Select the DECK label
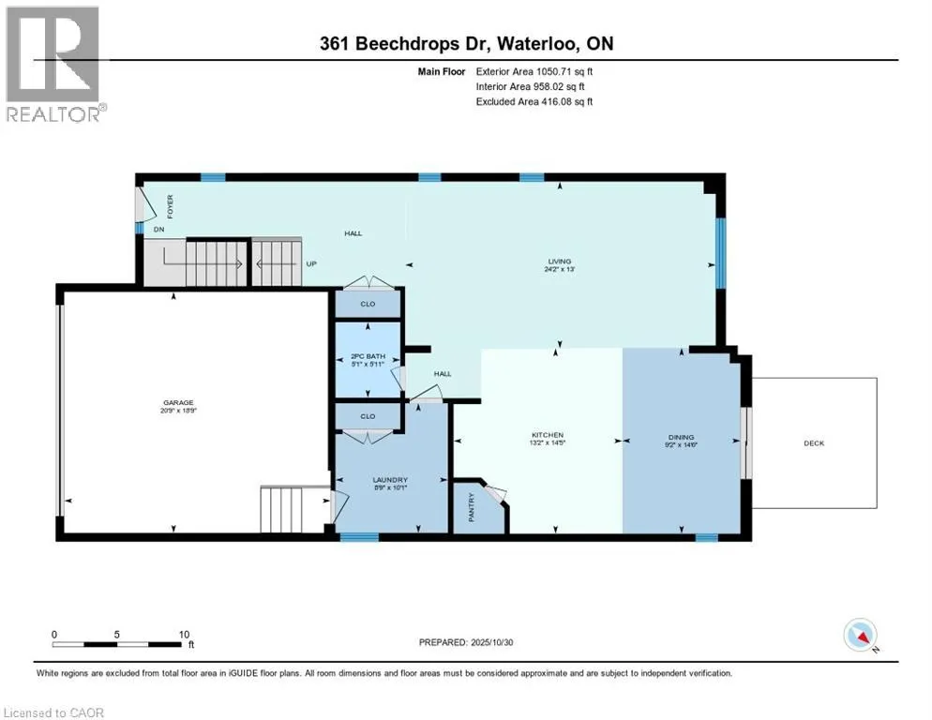(814, 442)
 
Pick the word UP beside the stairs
(310, 263)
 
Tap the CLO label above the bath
(368, 304)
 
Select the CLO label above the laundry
(368, 415)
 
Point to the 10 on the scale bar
(184, 633)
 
